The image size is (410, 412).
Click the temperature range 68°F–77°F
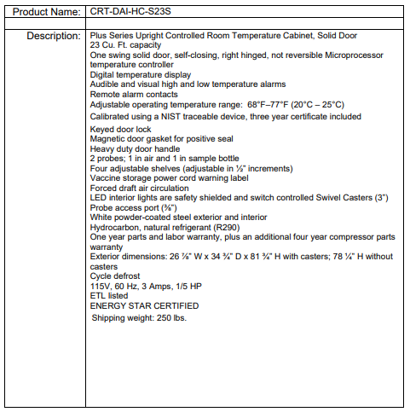tap(249, 103)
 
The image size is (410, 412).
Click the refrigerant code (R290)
tap(225, 227)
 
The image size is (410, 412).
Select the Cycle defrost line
tap(117, 276)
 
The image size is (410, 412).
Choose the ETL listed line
tap(109, 296)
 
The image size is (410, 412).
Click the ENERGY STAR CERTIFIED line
tap(140, 305)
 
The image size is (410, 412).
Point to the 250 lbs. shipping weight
tap(170, 317)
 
